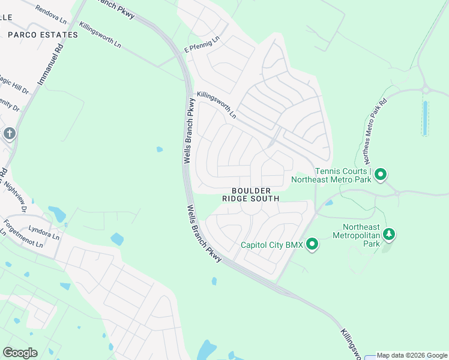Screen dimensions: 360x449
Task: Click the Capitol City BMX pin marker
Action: (x=312, y=244)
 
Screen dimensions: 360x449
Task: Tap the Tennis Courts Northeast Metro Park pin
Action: (x=380, y=175)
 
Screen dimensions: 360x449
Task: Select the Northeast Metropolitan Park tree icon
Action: (x=389, y=233)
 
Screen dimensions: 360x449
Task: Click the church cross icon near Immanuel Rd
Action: (x=9, y=133)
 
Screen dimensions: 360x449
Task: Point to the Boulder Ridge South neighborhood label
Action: (x=251, y=194)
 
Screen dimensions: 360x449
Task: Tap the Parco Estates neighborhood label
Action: (x=43, y=35)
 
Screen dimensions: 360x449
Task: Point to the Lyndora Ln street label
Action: (x=44, y=233)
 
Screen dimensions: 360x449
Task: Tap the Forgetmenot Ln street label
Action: (x=23, y=235)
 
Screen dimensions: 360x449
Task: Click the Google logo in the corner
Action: (x=20, y=352)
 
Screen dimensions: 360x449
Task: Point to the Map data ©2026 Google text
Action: (x=412, y=355)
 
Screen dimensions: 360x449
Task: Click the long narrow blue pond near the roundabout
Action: (x=425, y=118)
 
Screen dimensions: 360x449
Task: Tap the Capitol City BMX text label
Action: (x=271, y=245)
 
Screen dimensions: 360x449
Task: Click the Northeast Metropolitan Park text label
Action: (x=361, y=235)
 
